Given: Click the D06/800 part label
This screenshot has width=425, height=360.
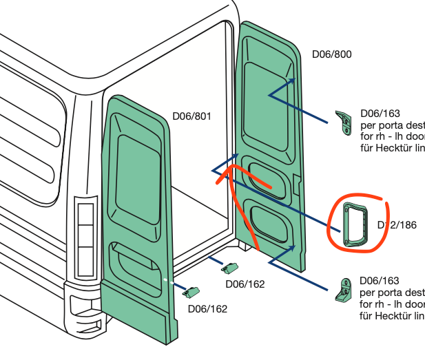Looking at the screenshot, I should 332,54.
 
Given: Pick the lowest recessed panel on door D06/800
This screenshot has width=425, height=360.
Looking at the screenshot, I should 269,222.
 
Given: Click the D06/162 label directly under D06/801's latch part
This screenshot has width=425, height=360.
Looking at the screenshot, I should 207,308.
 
